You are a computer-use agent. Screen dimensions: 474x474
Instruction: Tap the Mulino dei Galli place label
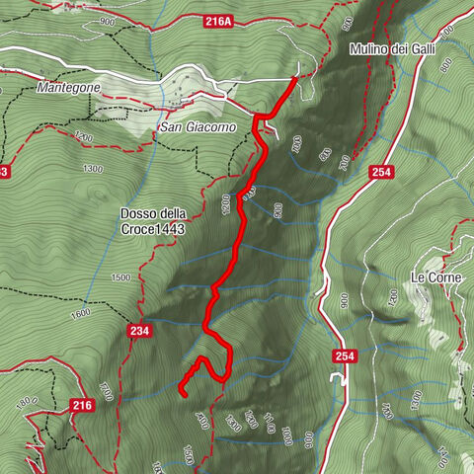[x=400, y=48]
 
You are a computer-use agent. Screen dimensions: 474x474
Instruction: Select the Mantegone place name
[x=69, y=87]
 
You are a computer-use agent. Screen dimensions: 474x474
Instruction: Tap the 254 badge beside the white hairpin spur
[x=344, y=355]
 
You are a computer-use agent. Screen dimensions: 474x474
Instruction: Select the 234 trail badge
[x=138, y=332]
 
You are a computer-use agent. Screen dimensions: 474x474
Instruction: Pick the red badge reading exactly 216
[x=84, y=405]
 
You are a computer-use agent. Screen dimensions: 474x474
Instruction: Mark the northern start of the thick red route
[x=295, y=78]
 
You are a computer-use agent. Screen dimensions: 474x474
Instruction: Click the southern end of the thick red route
[x=184, y=393]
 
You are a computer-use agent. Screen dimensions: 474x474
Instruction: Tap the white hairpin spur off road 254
[x=338, y=378]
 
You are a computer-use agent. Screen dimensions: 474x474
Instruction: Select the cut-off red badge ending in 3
[x=4, y=171]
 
